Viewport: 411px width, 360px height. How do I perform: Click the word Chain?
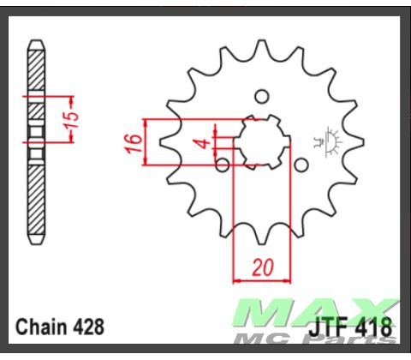(x=41, y=327)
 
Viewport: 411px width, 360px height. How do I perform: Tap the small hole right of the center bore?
(x=300, y=164)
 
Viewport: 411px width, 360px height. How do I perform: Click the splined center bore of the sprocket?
(x=261, y=141)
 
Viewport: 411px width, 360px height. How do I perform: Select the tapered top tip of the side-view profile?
(x=36, y=45)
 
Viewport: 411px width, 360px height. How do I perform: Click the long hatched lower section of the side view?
(x=36, y=197)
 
